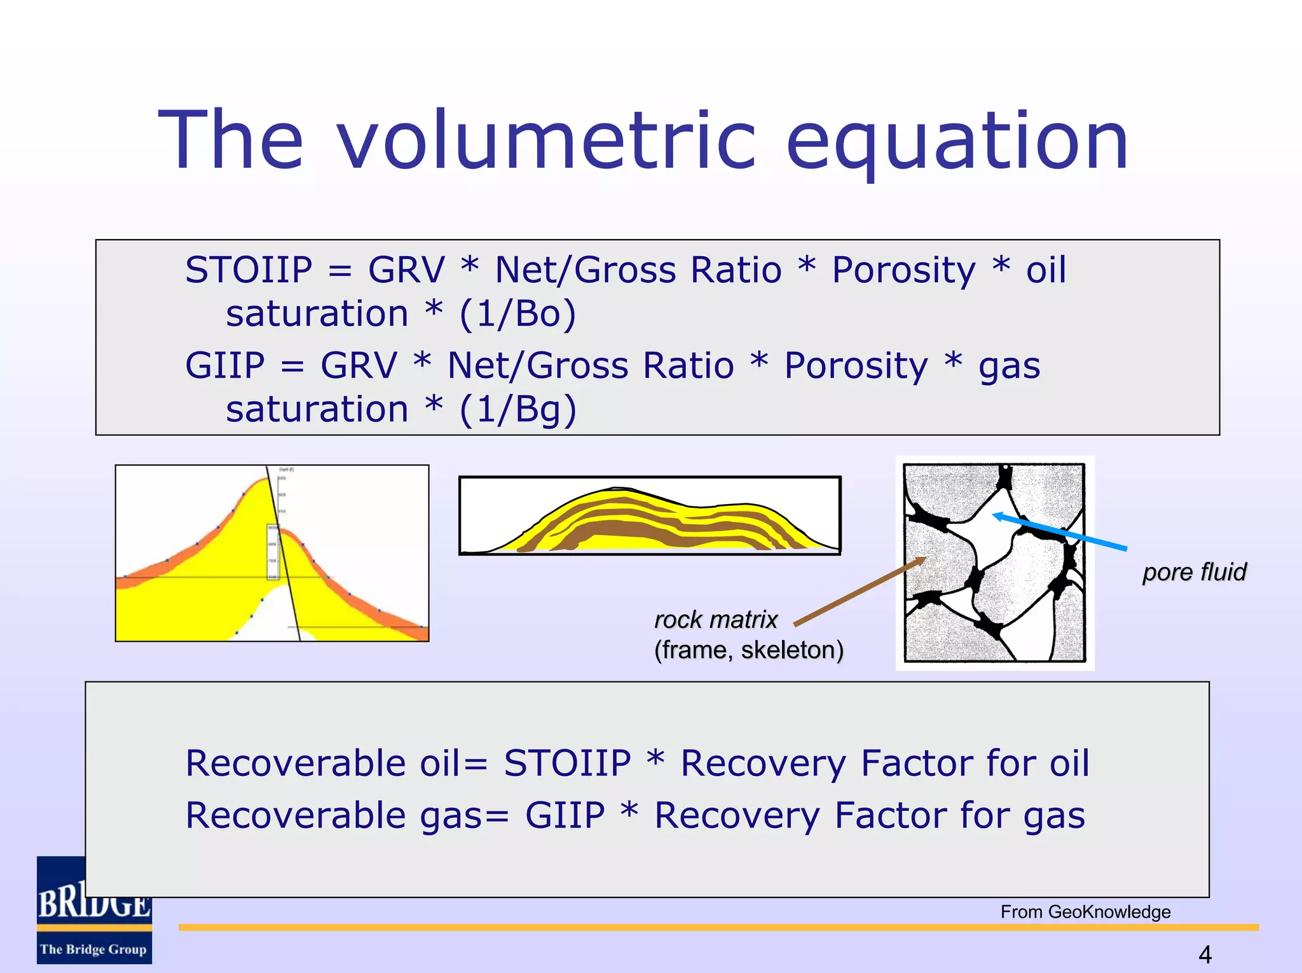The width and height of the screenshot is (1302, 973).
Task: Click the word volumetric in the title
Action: coord(547,141)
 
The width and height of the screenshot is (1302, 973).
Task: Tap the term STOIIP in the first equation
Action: coord(249,270)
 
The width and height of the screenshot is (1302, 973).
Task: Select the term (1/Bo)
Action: coord(517,314)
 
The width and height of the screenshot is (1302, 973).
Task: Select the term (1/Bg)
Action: coord(517,409)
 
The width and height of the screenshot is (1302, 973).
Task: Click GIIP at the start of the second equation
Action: coord(224,366)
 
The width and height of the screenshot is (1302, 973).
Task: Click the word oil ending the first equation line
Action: coord(1046,270)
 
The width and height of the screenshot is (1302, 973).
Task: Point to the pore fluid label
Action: coord(1194,572)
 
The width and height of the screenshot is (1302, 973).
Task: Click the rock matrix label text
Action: coord(716,620)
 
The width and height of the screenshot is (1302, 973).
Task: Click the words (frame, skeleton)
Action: coord(749,650)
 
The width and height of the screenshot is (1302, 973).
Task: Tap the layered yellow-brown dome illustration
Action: coord(650,515)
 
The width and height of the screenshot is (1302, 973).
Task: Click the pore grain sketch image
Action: coord(995,563)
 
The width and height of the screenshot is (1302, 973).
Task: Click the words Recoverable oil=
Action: coord(336,763)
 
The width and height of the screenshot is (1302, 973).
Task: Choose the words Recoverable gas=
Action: coord(347,816)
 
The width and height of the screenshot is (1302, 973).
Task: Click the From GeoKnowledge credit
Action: coord(1085,912)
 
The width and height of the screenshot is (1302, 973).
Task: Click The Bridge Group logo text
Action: coord(93,949)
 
